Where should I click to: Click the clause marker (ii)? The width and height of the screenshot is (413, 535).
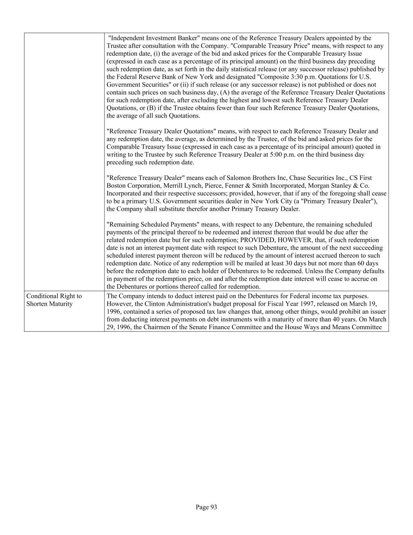(x=185, y=85)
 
